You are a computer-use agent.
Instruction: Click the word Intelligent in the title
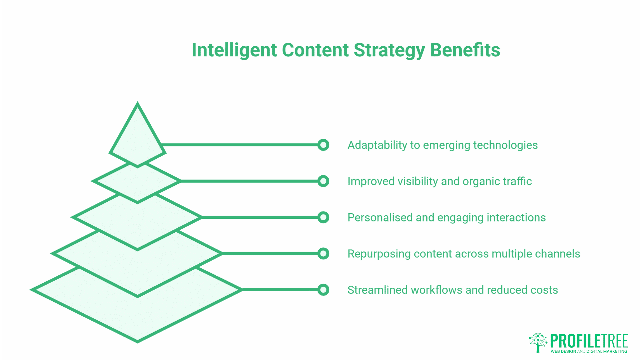coord(234,50)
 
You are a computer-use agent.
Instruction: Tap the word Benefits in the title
coord(465,50)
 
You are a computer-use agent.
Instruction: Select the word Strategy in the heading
coord(389,50)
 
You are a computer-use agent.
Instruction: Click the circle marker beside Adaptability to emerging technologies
coord(323,145)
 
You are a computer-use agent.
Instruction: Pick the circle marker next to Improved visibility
coord(323,181)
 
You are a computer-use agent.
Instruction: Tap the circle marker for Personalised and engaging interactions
coord(323,217)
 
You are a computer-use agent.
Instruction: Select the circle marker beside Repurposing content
coord(323,254)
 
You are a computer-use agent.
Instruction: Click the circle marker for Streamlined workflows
coord(323,290)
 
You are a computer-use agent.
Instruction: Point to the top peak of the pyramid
coord(137,104)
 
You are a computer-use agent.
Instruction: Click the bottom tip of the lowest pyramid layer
coord(137,341)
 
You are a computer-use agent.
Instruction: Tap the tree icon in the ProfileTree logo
coord(538,342)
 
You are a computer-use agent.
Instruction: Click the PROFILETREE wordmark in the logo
coord(589,341)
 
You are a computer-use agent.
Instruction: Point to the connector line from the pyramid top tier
coord(240,145)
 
